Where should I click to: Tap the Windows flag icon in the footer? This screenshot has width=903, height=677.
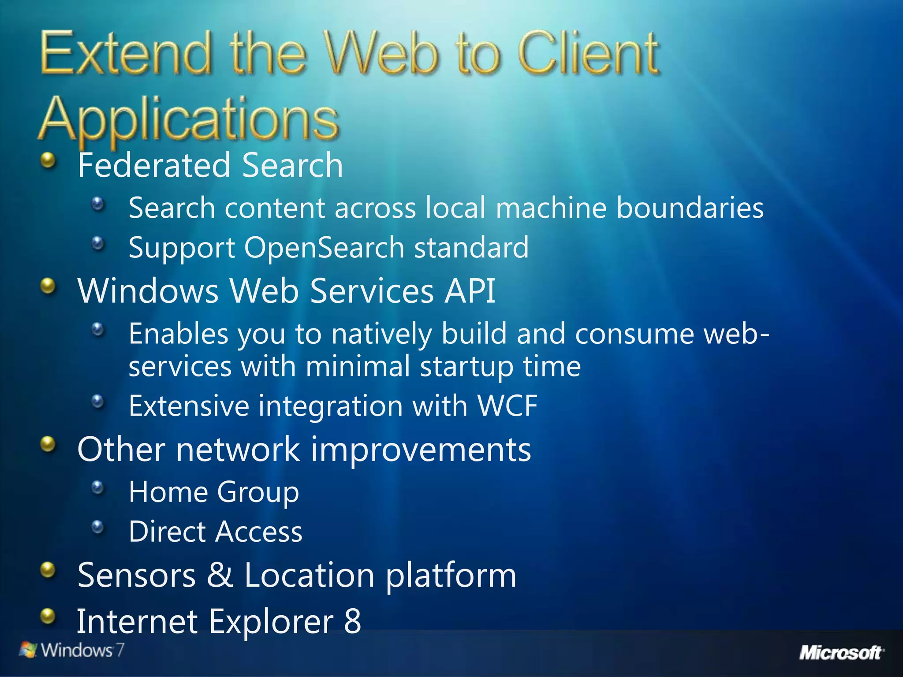(28, 650)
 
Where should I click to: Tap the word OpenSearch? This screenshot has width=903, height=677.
(324, 247)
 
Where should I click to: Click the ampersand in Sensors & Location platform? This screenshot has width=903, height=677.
(220, 575)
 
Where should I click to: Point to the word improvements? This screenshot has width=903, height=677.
(421, 450)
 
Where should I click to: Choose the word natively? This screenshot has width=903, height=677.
(381, 334)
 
